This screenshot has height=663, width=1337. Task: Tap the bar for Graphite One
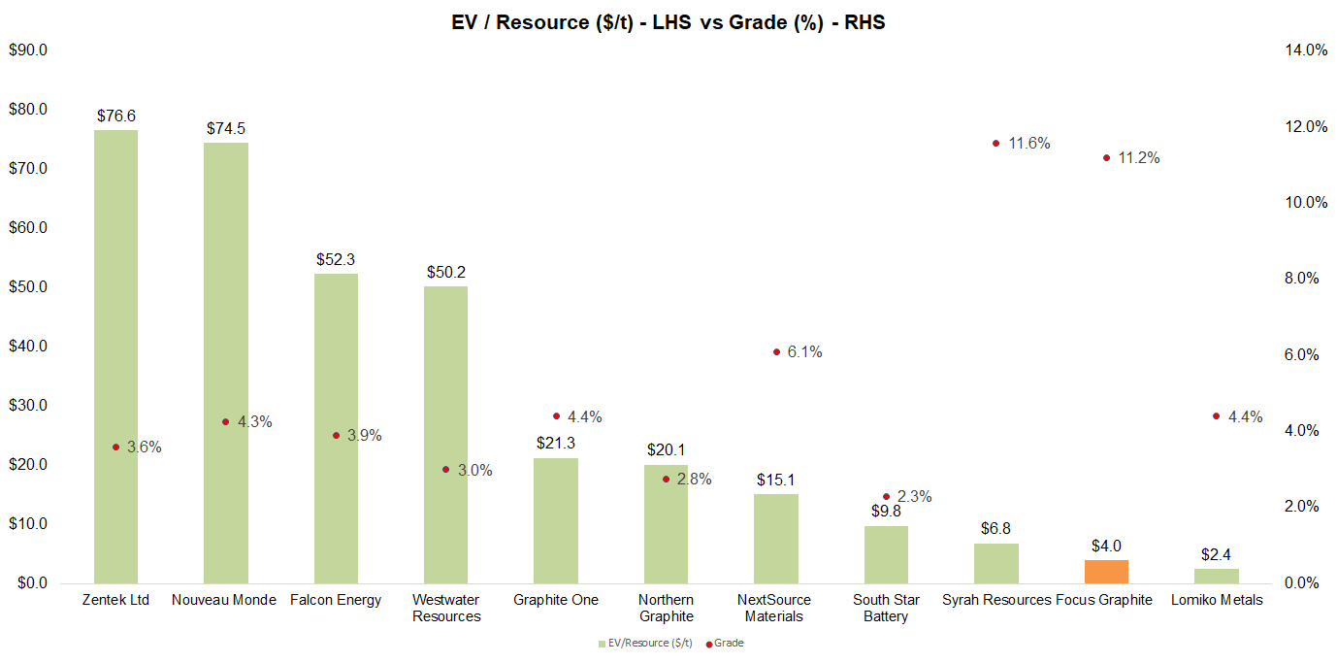click(x=556, y=519)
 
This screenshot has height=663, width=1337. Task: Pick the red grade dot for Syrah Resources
click(x=995, y=143)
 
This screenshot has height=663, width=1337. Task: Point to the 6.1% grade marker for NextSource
click(x=776, y=351)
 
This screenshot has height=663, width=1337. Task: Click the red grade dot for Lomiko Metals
click(x=1216, y=415)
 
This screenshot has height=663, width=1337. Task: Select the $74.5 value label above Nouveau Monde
click(x=225, y=128)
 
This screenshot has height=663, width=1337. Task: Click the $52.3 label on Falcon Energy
click(x=336, y=259)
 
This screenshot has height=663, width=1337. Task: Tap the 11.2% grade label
click(x=1139, y=157)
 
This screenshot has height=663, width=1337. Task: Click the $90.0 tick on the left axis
click(x=29, y=50)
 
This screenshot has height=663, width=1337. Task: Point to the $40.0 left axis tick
click(x=29, y=347)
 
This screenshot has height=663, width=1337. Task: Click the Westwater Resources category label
click(x=446, y=608)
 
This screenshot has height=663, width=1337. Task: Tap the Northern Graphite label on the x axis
click(x=666, y=608)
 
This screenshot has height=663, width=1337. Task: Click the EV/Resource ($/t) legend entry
click(x=641, y=643)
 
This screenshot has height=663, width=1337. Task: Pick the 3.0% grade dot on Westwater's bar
click(x=446, y=469)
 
